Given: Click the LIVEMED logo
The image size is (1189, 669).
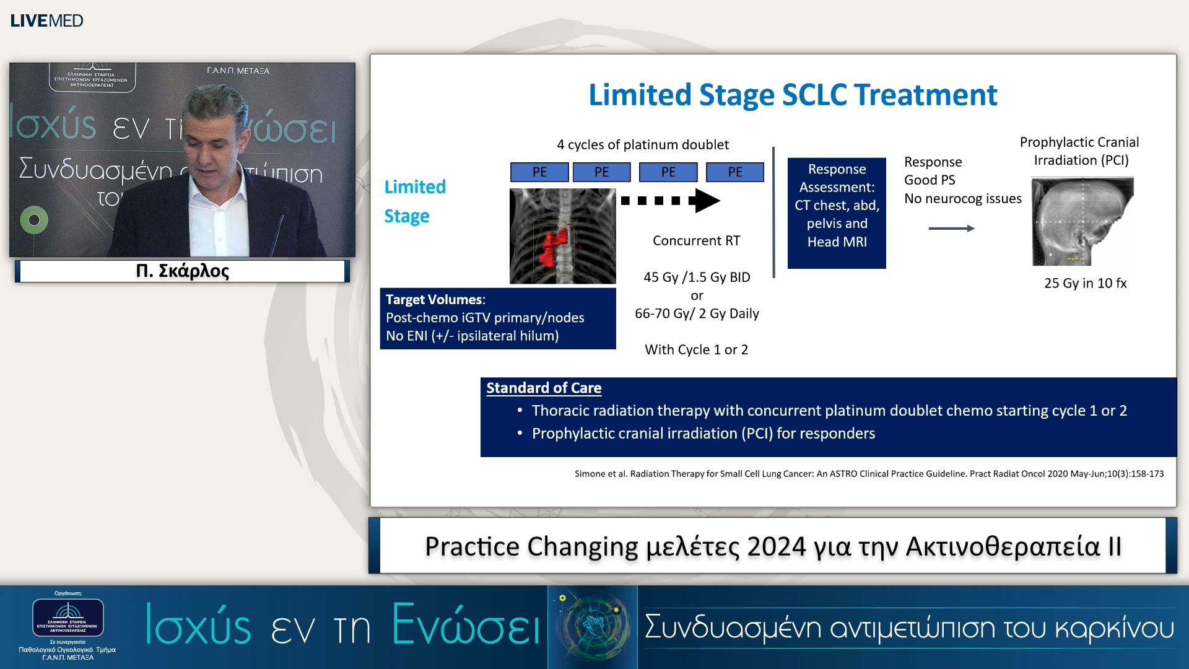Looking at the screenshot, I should point(46,20).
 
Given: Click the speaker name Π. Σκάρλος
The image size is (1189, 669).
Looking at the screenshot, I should point(182,271).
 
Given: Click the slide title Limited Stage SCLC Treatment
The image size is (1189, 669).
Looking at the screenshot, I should point(792,95).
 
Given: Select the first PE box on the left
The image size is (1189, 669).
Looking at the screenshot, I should point(539,172).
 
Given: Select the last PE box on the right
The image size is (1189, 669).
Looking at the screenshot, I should point(734,172).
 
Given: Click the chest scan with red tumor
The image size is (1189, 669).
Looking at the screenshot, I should point(562,236).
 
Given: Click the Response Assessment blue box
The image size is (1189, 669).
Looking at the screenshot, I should point(837,212).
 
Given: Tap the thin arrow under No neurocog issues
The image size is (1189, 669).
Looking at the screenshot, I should point(951,229).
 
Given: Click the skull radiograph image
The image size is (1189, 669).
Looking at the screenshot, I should point(1082,221).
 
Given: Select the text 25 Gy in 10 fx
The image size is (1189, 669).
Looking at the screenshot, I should point(1085,283).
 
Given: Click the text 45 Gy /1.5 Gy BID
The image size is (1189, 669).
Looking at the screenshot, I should point(697,277).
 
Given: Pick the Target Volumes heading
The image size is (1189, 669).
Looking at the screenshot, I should point(435,300).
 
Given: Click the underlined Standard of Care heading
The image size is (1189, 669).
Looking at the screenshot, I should point(544,388).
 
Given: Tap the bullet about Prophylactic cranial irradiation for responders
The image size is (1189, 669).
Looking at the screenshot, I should point(703,434).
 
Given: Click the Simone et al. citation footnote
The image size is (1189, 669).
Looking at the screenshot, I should point(869,474).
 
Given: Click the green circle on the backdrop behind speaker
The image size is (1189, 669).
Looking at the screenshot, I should point(34,220).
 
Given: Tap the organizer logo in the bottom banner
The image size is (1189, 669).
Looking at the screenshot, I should point(68,618).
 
